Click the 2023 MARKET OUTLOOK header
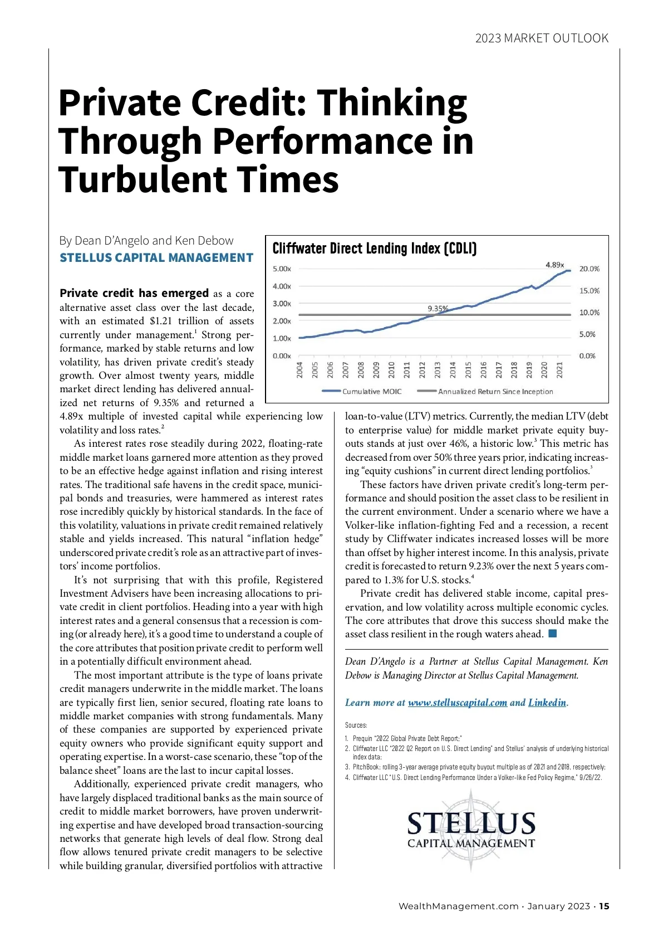click(542, 38)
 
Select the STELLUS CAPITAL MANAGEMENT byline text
click(156, 258)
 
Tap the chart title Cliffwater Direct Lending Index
click(374, 248)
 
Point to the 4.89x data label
click(554, 265)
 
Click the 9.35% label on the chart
click(438, 308)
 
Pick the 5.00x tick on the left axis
click(282, 269)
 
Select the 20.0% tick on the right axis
click(590, 269)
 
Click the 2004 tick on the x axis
click(299, 370)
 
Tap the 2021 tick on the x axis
click(560, 370)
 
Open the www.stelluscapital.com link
click(457, 703)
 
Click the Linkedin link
click(547, 703)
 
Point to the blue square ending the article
click(552, 633)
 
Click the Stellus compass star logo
click(471, 829)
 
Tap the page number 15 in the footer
click(605, 906)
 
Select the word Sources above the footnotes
click(356, 725)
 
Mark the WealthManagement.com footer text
click(458, 906)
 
